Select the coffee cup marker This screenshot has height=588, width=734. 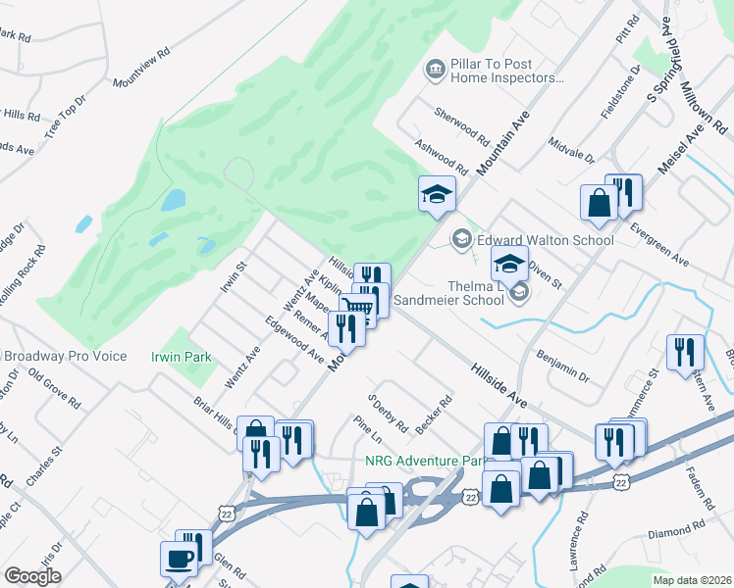179,560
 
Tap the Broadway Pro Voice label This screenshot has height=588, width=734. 65,356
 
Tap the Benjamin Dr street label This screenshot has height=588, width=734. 562,364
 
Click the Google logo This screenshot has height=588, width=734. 32,576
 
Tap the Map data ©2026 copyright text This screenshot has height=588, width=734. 691,580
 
